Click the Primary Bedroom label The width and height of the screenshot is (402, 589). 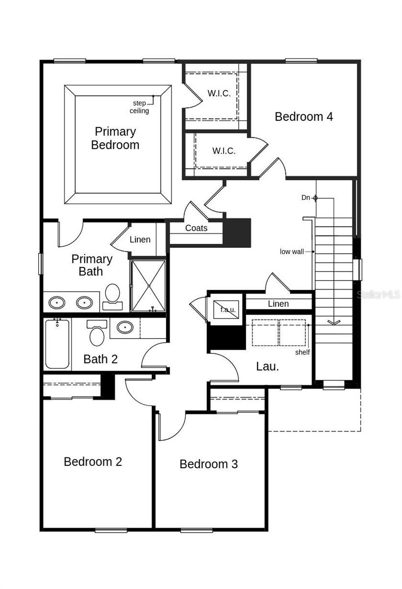point(115,138)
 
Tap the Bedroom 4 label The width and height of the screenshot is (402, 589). point(303,117)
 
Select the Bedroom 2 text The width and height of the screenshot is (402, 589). point(93,462)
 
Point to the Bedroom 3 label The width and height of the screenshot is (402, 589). point(208,464)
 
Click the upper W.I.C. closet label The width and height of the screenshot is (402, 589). point(219,93)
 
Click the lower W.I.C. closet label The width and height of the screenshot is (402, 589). point(224,151)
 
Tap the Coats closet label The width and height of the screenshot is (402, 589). point(196,228)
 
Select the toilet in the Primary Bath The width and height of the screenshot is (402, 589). point(113,295)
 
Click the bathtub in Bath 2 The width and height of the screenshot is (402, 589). point(57,344)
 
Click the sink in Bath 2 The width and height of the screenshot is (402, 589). point(125,327)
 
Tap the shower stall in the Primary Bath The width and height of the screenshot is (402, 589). point(148,286)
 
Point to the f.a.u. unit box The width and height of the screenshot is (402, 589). point(227,309)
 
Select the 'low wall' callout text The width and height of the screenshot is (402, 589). point(292,252)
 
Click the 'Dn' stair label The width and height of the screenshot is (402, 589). point(306,198)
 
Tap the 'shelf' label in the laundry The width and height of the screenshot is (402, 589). point(302,352)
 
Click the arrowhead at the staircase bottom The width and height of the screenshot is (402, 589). point(334,322)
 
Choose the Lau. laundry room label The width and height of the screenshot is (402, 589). point(268,367)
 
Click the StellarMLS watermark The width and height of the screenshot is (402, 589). point(378,294)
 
